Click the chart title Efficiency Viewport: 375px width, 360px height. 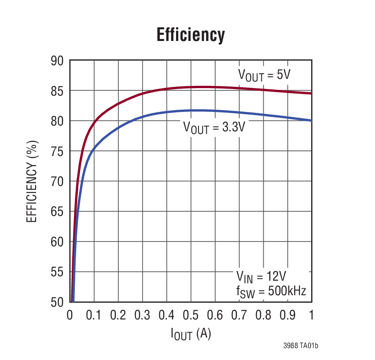point(191,35)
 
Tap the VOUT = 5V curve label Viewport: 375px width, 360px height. point(264,74)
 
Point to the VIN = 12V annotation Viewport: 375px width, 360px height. point(261,277)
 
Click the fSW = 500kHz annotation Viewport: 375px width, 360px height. point(271,291)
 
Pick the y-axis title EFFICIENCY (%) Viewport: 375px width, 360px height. point(32,182)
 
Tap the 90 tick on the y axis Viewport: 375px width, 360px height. point(57,61)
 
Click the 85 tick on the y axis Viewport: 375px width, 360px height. point(57,91)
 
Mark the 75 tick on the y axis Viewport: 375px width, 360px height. point(57,152)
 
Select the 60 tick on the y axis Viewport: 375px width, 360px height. point(57,242)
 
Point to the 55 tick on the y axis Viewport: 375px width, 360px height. point(57,272)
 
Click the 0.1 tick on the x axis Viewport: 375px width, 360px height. point(94,315)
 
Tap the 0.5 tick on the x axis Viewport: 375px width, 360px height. point(191,315)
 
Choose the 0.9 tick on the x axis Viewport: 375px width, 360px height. point(287,315)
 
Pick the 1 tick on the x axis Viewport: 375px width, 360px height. point(312,315)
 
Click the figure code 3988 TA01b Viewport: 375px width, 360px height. point(301,346)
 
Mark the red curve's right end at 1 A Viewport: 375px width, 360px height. point(311,93)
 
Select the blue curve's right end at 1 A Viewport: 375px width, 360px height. point(311,120)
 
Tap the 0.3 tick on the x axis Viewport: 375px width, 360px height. point(142,315)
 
